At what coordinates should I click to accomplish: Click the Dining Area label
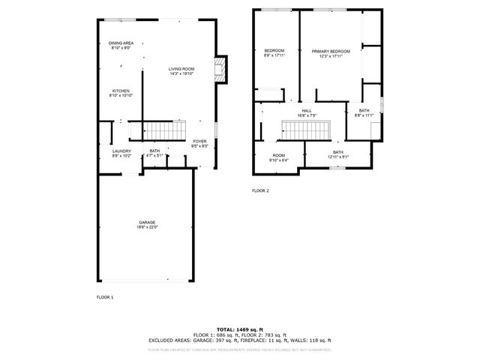pos(121,43)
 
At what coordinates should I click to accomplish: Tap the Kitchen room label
pos(121,91)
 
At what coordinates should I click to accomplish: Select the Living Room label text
pos(181,68)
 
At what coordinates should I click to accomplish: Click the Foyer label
pos(199,141)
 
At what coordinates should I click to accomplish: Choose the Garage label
pos(146,222)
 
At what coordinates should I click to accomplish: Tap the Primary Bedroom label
pos(331,51)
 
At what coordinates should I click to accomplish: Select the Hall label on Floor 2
pos(307,111)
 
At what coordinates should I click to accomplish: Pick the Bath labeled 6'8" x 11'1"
pos(364,110)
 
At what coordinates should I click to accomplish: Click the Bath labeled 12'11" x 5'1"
pos(338,152)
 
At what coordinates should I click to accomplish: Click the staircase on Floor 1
pos(164,131)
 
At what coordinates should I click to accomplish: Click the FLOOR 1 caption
pos(105,298)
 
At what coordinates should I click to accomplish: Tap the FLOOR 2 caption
pos(260,190)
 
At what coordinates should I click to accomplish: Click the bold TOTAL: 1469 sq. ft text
pos(239,329)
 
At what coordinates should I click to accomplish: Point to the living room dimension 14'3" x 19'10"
pos(181,73)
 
